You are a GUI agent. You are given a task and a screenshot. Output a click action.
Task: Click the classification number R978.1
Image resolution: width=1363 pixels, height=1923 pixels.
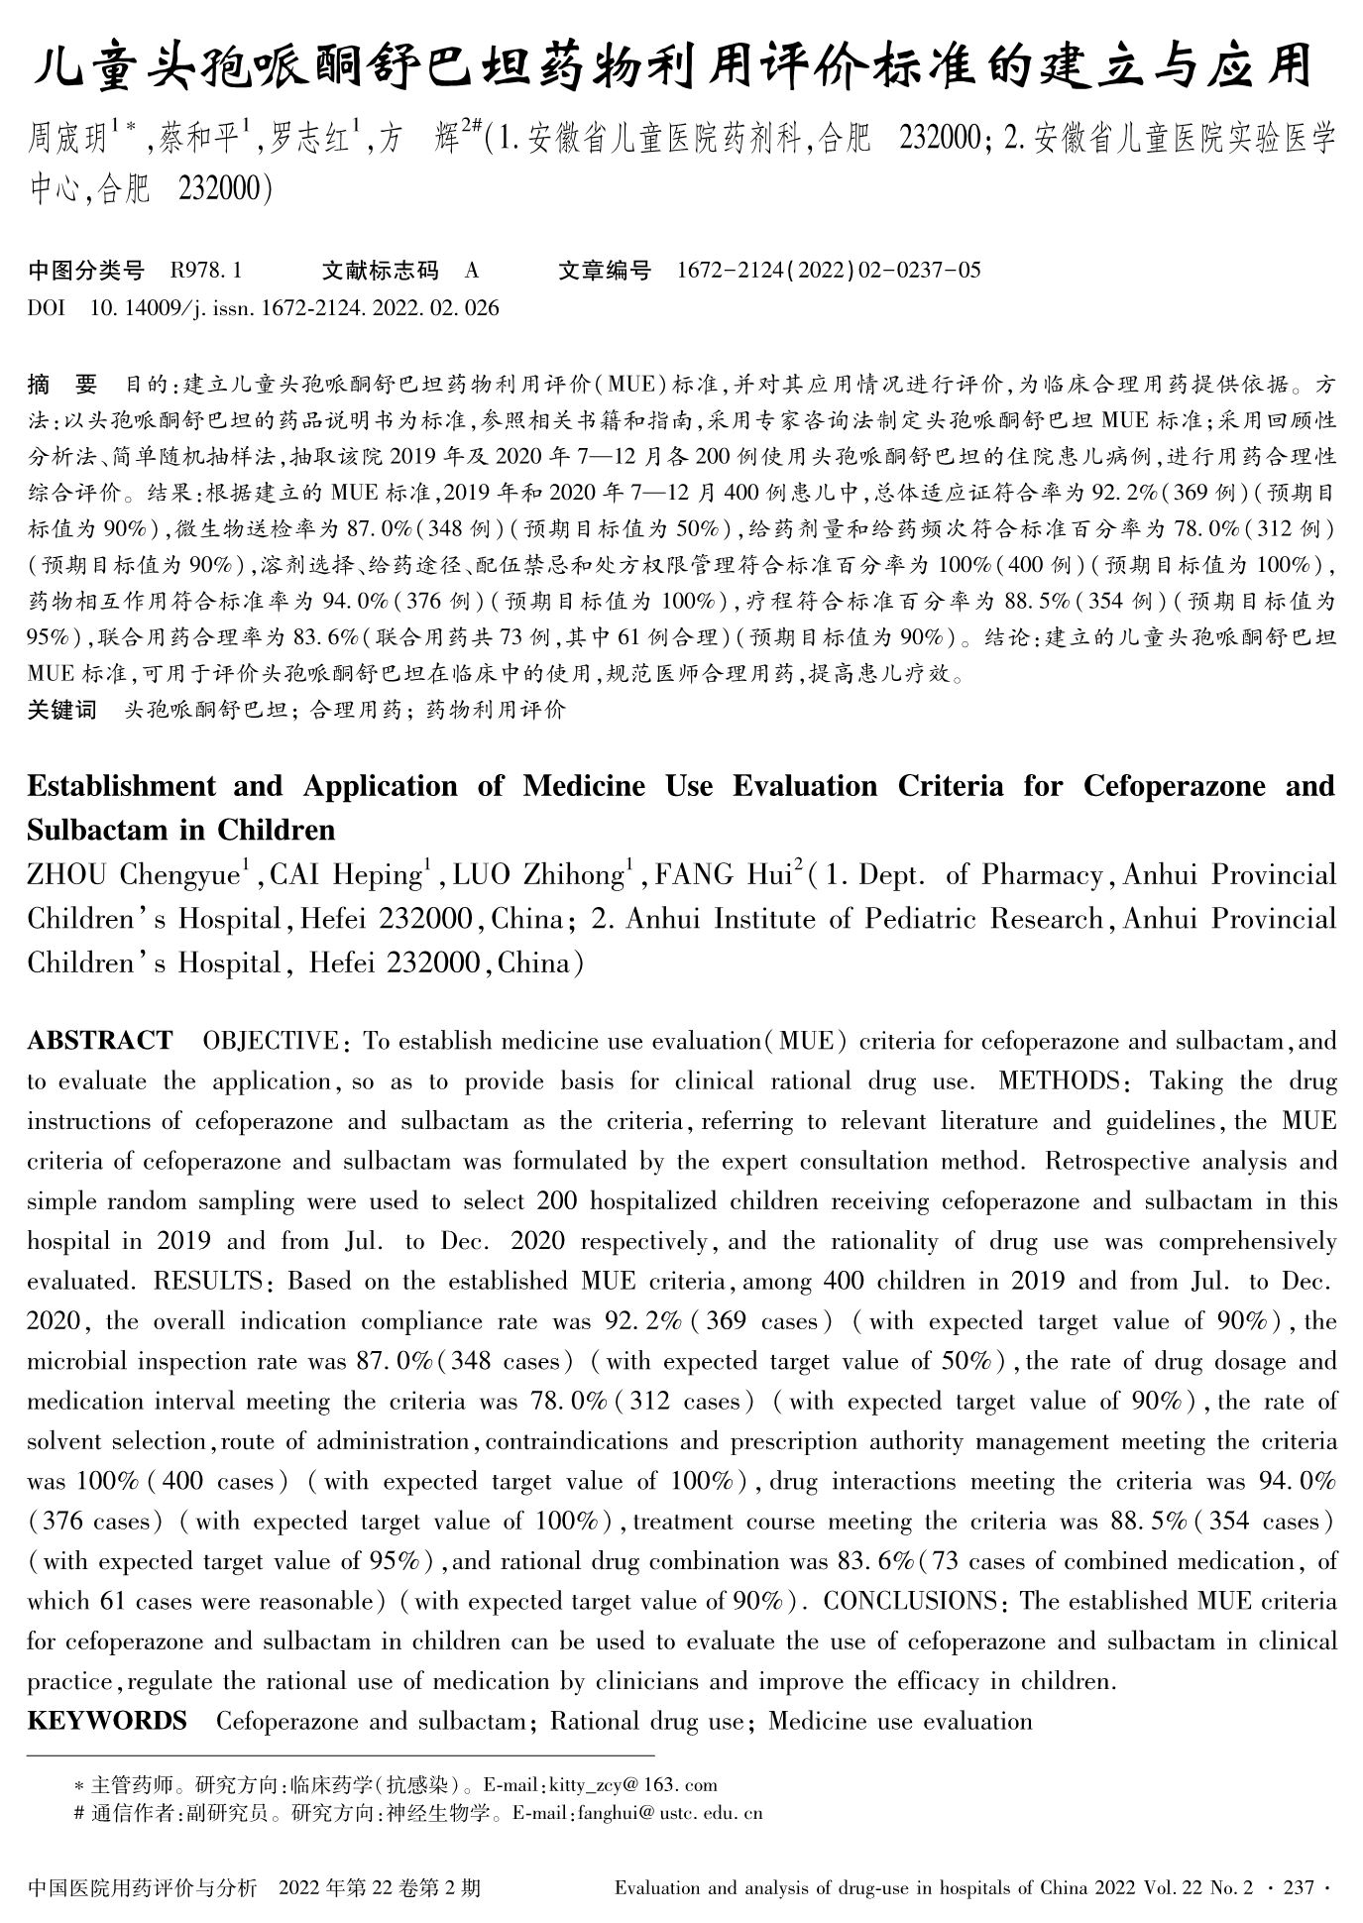click(x=207, y=271)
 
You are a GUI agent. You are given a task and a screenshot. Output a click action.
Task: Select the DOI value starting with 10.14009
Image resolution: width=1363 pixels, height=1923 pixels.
click(x=294, y=308)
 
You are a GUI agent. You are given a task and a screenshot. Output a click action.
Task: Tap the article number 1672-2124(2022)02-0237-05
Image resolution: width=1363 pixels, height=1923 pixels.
click(x=829, y=271)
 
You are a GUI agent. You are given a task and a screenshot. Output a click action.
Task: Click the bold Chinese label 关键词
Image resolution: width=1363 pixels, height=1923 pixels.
click(x=62, y=710)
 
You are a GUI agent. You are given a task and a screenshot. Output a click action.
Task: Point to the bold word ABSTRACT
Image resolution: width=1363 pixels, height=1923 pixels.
click(x=100, y=1041)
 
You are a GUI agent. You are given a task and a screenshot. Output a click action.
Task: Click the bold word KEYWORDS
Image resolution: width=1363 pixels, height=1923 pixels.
click(x=107, y=1721)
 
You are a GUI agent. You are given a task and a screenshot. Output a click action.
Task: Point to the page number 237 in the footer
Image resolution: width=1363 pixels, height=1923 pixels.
click(x=1299, y=1888)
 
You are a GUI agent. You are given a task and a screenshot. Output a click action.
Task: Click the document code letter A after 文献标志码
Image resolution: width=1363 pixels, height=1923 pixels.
click(x=472, y=271)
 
